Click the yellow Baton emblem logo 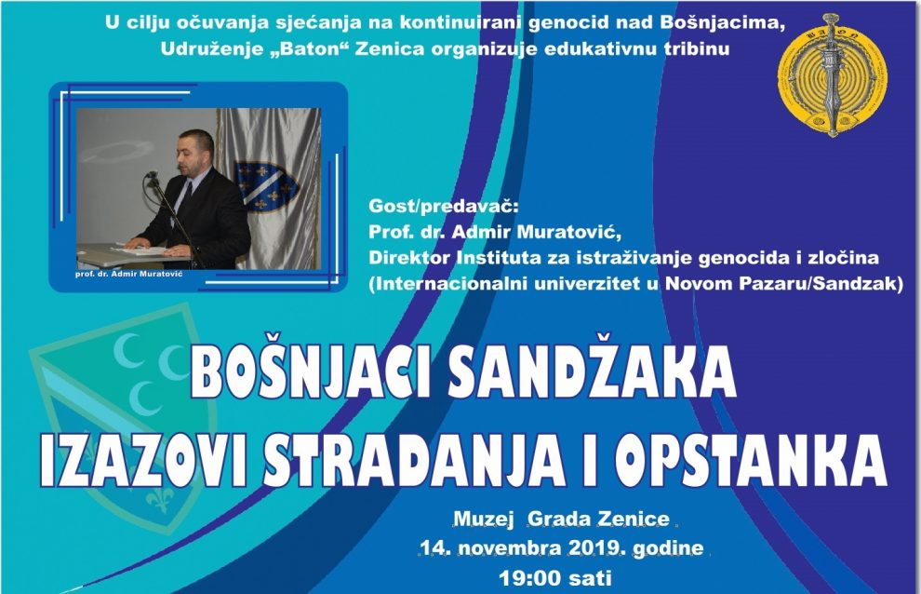(833, 74)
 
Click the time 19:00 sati (555, 578)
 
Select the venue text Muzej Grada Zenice (562, 519)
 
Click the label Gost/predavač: (444, 207)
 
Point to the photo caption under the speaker (128, 274)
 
